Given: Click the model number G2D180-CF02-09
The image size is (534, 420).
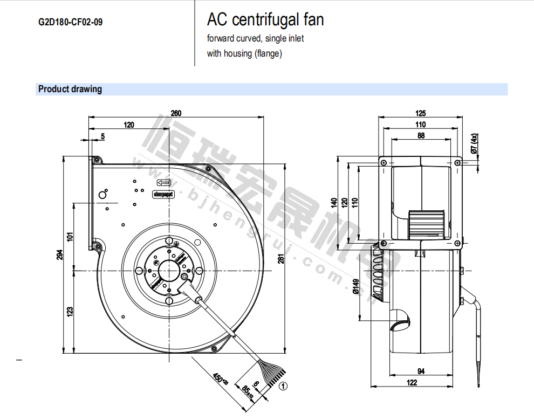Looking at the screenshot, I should click(70, 23).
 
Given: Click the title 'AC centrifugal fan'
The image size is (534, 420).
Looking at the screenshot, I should click(265, 20).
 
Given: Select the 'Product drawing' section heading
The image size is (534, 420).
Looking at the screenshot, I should click(70, 89).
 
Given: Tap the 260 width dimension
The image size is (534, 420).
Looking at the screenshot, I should click(176, 113).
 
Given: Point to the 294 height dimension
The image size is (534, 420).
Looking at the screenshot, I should click(60, 255).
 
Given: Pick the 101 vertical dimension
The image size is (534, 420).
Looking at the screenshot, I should click(70, 236).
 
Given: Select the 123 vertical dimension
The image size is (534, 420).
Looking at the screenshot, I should click(70, 312).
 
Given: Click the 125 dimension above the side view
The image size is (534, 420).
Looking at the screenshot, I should click(421, 113).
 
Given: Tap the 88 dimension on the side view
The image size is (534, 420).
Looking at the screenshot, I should click(421, 136).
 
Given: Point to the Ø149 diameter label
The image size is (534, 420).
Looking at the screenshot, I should click(355, 287).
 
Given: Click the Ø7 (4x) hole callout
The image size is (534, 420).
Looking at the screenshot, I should click(474, 144).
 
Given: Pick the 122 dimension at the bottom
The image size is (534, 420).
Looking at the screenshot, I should click(412, 382).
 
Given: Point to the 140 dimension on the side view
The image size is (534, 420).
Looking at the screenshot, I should click(334, 203).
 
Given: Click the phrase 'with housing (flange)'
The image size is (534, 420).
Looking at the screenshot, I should click(244, 53).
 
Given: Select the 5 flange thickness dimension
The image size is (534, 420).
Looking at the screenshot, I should click(102, 136).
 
